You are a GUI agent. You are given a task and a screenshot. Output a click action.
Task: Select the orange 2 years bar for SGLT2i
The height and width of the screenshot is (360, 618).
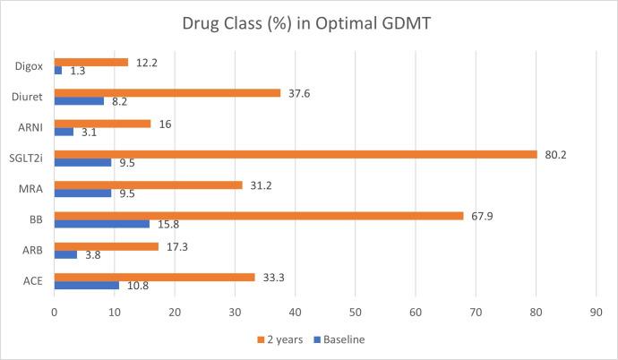[x=296, y=154]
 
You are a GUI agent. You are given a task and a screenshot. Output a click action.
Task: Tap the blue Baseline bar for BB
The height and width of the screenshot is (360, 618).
[x=102, y=224]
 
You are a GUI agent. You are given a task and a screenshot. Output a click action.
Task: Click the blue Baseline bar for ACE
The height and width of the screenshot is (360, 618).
[x=87, y=286]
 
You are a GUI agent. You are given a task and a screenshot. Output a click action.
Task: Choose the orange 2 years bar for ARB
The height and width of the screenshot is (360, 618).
[x=107, y=245]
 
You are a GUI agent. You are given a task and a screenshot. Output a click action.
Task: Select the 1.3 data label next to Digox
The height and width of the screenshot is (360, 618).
[x=78, y=71]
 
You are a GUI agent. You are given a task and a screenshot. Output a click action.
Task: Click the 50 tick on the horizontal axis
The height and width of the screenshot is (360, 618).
[x=356, y=313]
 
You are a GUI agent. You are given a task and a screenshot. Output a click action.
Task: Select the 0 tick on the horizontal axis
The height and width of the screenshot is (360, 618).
[x=55, y=313]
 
